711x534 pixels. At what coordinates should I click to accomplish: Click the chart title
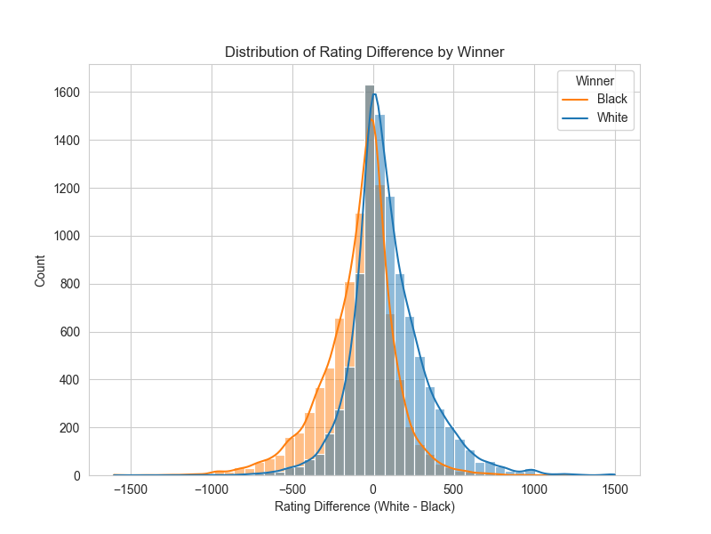(364, 53)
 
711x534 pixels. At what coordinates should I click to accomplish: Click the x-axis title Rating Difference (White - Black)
(364, 507)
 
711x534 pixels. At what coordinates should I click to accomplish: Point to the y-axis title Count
(40, 270)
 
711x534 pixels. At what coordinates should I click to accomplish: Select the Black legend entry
(611, 99)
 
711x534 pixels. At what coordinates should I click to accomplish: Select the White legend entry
(612, 117)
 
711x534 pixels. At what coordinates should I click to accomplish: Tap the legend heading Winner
(595, 81)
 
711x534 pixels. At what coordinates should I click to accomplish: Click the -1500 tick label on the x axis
(131, 489)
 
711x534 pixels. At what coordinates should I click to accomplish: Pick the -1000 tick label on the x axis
(212, 489)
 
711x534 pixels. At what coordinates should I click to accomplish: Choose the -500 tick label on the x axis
(292, 489)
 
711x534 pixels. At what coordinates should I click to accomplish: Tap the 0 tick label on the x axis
(373, 489)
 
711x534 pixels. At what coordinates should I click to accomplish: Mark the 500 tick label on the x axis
(453, 489)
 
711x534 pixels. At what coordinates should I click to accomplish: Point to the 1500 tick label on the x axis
(614, 489)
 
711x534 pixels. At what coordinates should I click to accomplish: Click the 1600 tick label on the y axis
(68, 93)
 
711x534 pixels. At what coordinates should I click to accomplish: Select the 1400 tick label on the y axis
(68, 141)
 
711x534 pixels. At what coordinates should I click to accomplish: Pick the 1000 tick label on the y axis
(68, 236)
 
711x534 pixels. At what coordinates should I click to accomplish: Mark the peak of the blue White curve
(375, 94)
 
